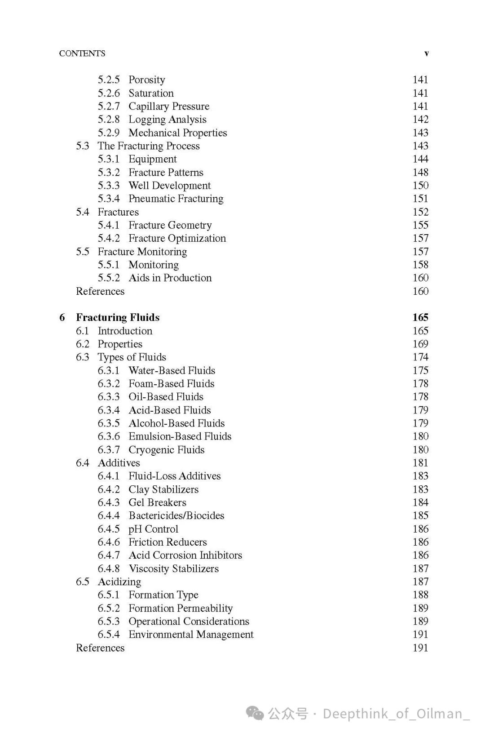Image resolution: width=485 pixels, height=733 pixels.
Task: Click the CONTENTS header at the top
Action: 82,53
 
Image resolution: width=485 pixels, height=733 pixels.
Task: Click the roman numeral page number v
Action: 426,53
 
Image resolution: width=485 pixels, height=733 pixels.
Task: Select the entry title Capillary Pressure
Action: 169,107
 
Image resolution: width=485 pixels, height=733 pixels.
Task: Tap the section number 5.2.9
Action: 109,133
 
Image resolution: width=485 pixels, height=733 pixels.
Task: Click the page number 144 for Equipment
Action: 420,159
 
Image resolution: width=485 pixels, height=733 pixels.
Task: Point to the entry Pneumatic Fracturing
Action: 176,199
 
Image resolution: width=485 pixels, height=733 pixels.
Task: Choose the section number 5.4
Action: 82,212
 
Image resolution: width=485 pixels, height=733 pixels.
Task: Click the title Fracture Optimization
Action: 177,238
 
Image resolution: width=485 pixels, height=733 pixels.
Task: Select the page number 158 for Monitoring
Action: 420,265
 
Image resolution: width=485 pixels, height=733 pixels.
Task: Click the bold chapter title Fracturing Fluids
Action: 118,318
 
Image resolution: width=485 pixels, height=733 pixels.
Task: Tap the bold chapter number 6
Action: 62,318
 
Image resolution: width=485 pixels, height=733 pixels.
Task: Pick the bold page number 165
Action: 420,318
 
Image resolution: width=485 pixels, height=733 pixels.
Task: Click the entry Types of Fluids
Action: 132,357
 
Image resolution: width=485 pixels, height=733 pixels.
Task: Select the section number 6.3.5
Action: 109,423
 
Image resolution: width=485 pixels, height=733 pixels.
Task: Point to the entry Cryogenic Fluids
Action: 166,450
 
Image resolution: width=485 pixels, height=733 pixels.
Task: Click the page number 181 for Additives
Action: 420,463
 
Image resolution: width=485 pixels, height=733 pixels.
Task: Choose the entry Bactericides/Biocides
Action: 176,516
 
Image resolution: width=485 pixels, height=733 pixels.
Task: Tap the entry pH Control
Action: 153,529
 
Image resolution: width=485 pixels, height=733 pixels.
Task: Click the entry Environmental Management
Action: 191,635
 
